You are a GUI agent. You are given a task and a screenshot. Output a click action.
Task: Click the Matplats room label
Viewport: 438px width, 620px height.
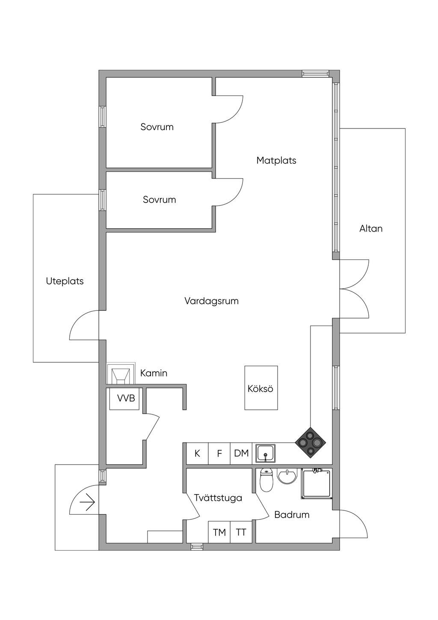[276, 161]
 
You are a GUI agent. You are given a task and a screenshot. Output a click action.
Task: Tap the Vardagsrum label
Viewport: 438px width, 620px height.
[211, 301]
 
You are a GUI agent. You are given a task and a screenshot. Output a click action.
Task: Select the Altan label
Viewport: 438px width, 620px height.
[371, 229]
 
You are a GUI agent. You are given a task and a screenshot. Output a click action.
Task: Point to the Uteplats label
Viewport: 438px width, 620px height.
[65, 281]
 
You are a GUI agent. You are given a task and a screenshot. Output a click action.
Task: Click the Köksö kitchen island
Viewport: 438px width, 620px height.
[261, 388]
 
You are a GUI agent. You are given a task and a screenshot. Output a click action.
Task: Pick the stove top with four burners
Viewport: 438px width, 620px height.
[311, 442]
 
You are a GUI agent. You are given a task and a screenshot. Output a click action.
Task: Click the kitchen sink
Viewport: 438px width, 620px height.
[266, 453]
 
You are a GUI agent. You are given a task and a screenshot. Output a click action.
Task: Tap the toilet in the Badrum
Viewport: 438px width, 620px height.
[266, 480]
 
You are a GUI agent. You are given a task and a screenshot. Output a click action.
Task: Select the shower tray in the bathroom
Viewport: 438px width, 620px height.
[317, 484]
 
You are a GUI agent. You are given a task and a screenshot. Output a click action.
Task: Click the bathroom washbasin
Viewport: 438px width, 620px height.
[287, 476]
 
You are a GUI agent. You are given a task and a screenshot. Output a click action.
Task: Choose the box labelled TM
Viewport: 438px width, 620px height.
[219, 532]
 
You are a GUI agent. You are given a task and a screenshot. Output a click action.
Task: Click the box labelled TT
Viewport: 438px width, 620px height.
[241, 532]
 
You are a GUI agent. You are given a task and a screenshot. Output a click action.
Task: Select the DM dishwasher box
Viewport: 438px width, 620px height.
[241, 453]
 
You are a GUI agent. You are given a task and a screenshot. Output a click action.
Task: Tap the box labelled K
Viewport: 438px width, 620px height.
[197, 453]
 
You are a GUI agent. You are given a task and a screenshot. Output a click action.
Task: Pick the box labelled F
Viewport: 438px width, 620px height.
[219, 453]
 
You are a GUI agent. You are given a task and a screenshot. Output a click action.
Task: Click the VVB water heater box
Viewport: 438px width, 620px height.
[126, 399]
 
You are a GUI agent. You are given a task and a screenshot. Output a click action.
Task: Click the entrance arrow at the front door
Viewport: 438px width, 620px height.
[87, 502]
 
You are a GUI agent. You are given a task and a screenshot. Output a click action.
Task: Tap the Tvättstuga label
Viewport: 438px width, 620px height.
[218, 498]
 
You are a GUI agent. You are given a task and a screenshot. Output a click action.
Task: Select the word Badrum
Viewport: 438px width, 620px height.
[292, 515]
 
